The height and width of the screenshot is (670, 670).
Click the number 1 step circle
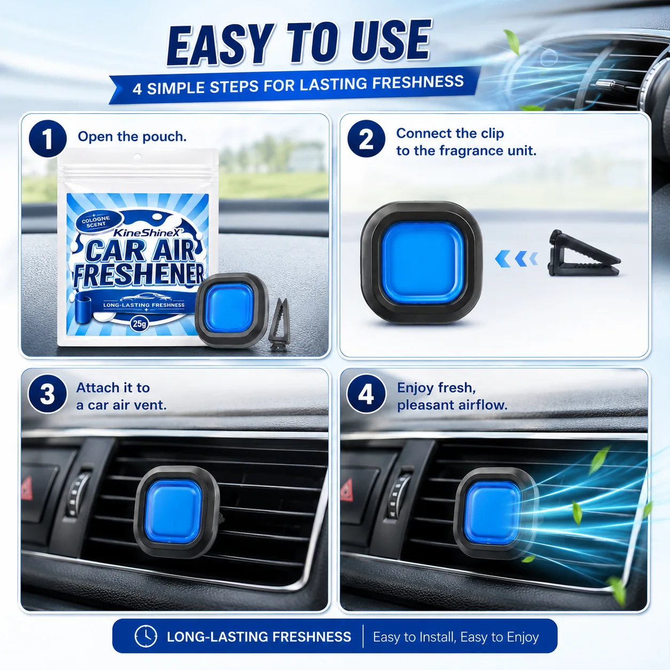tap(48, 138)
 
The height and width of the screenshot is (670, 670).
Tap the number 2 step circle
tap(366, 138)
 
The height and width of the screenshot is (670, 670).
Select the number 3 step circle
tap(48, 394)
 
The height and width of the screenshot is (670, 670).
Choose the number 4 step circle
tap(366, 394)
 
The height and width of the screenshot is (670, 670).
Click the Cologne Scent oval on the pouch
tap(96, 221)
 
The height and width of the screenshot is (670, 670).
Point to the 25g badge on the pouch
tap(139, 324)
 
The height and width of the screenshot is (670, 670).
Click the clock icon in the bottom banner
tap(146, 636)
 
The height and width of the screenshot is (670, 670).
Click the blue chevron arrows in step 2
tap(516, 259)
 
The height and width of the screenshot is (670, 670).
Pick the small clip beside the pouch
tap(279, 324)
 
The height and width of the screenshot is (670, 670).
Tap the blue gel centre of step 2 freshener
tap(423, 262)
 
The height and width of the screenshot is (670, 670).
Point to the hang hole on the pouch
tap(137, 157)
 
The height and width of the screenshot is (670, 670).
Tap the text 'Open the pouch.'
tap(132, 137)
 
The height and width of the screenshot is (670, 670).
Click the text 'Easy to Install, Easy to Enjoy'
tap(456, 637)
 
